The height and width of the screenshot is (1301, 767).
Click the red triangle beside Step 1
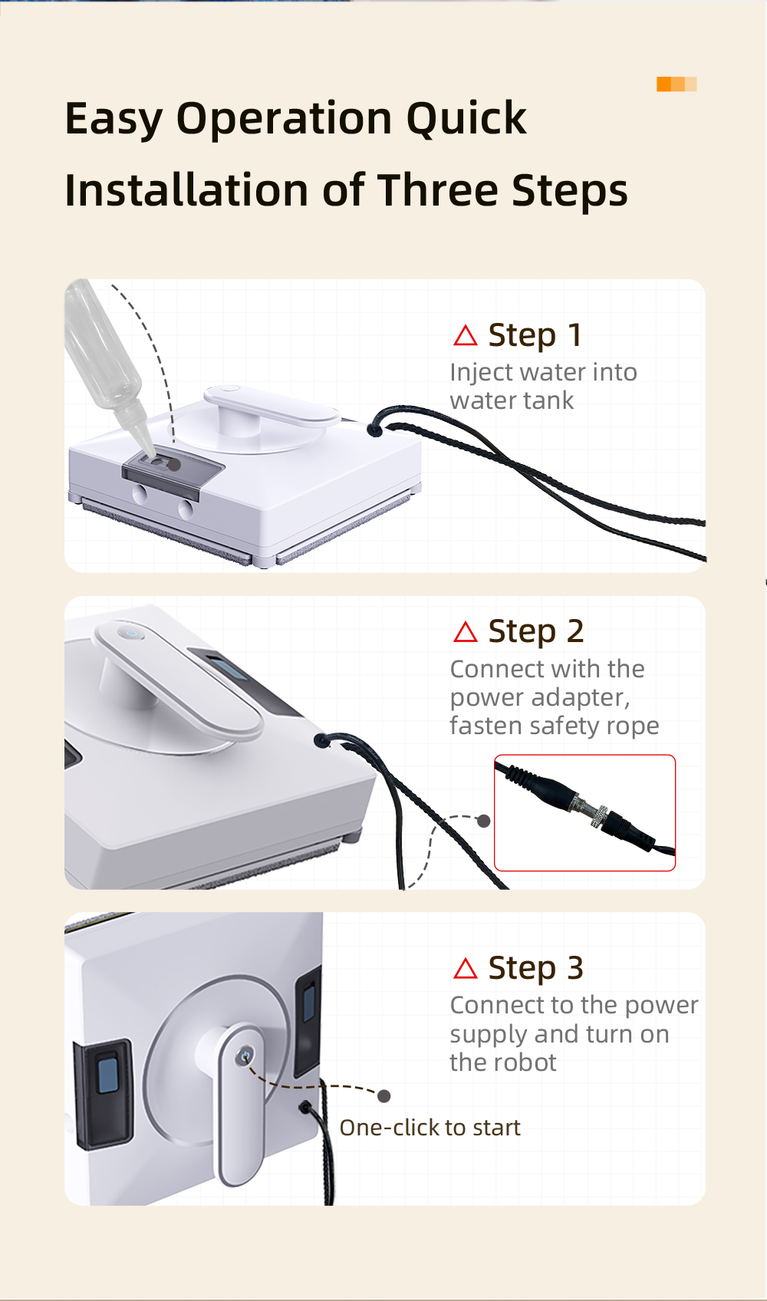click(465, 336)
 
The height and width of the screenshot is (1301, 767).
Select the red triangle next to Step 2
click(465, 632)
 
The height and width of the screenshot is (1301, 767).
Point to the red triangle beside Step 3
click(465, 969)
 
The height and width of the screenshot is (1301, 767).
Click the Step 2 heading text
click(535, 632)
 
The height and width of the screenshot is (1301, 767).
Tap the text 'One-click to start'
click(430, 1128)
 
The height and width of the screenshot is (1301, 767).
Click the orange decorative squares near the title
click(676, 84)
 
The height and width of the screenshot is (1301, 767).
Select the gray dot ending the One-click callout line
click(383, 1096)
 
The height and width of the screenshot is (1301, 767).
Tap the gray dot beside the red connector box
click(484, 821)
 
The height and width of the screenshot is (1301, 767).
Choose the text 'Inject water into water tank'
click(544, 387)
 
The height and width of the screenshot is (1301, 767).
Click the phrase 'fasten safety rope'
click(555, 726)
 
